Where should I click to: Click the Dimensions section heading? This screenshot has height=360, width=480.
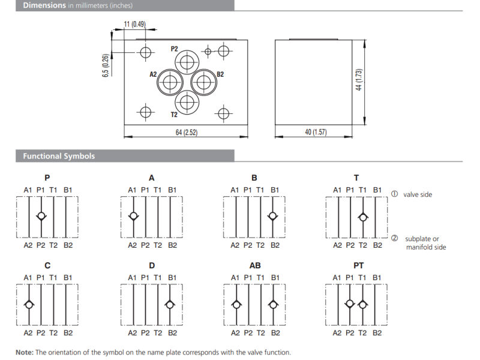(44, 5)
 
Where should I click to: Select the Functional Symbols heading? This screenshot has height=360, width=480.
(59, 156)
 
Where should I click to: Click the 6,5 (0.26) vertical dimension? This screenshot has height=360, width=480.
(106, 65)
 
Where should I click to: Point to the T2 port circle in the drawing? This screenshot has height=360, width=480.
(187, 102)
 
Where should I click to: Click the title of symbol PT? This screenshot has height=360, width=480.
(358, 265)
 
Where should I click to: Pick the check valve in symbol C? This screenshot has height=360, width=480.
(28, 305)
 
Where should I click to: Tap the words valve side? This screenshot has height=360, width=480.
(418, 194)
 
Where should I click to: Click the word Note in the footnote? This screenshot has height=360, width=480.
(25, 352)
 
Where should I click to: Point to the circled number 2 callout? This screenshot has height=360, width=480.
(395, 238)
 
